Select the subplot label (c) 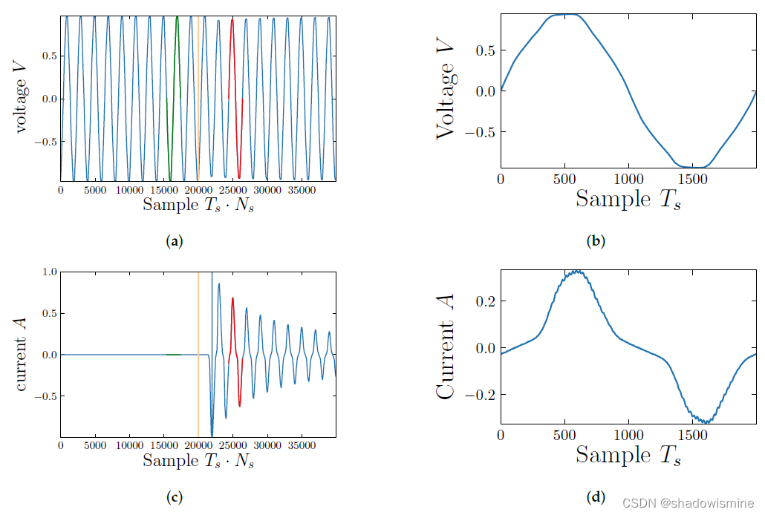point(175,498)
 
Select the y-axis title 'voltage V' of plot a point(23,98)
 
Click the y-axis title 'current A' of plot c point(23,354)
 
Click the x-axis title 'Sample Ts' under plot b point(628,199)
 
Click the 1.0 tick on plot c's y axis point(49,272)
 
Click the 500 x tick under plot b point(564,179)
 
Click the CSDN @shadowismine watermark point(688,502)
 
